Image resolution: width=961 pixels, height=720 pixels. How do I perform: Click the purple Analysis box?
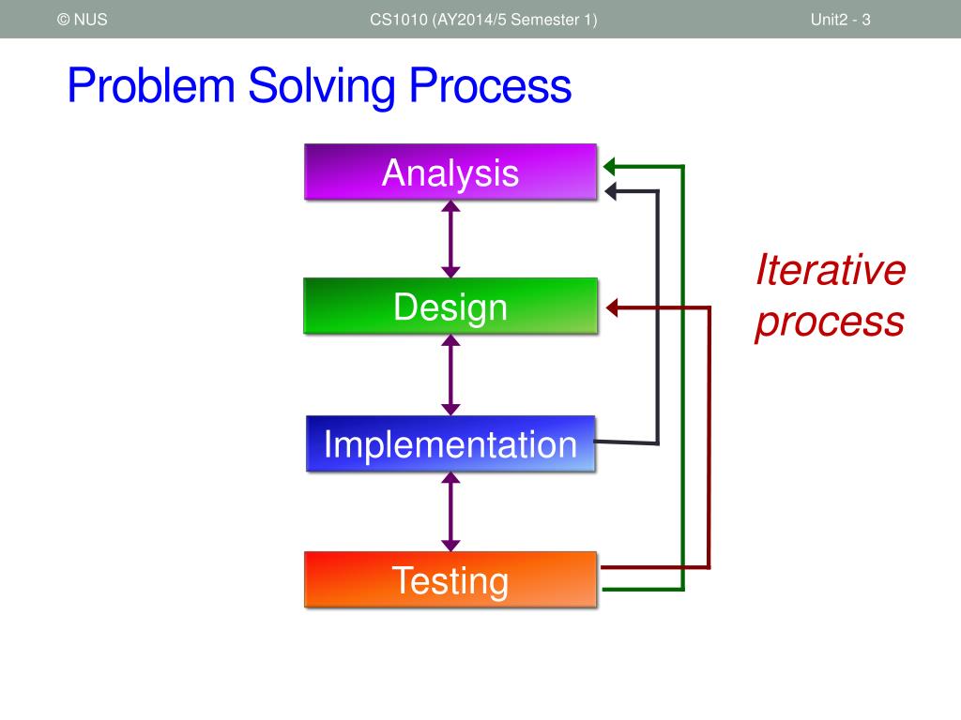coord(450,172)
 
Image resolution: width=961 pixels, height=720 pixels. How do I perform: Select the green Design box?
coord(450,307)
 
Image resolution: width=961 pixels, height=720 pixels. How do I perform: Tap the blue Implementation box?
coord(450,443)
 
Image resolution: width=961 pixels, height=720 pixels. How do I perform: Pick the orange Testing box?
coord(450,579)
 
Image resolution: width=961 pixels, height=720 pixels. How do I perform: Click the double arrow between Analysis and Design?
coord(450,239)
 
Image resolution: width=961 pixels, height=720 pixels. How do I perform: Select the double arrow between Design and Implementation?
coord(450,375)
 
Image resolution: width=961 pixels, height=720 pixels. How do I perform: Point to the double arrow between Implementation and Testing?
coord(450,512)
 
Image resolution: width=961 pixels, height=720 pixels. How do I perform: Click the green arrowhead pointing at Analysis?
coord(609,166)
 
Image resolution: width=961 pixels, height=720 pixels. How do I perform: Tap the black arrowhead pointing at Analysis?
coord(610,191)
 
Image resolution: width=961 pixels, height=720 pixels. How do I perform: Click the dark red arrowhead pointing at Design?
coord(612,307)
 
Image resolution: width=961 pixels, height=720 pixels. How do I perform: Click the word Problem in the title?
coord(151,86)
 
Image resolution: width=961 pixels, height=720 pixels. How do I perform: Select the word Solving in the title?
coord(322,87)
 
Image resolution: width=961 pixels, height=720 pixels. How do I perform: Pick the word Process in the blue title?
coord(490,86)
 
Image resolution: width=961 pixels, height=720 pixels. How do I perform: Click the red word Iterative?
coord(831,269)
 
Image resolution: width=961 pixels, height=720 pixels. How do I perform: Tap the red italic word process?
coord(830,322)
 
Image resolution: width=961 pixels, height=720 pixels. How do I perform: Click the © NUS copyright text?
coord(83,20)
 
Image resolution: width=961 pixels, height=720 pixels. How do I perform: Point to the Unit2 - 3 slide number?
coord(840,20)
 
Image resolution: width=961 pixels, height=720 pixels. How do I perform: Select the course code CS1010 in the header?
coord(398,20)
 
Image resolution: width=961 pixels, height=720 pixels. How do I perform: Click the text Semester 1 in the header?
coord(551,20)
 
